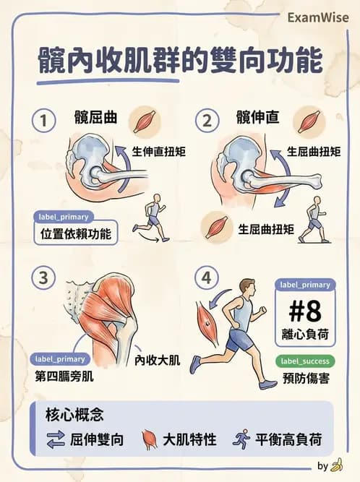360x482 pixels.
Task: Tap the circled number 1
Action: pos(44,121)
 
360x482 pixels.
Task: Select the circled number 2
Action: pos(207,121)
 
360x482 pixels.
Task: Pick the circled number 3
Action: pos(44,277)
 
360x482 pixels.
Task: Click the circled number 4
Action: pos(207,277)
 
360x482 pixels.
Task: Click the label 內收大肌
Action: pos(158,359)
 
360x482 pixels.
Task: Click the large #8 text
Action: pos(304,311)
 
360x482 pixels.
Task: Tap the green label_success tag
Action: pos(304,361)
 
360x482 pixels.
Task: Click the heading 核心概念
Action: pos(74,415)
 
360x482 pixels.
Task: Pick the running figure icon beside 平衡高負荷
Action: pos(241,439)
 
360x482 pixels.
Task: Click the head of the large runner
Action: pos(247,287)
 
